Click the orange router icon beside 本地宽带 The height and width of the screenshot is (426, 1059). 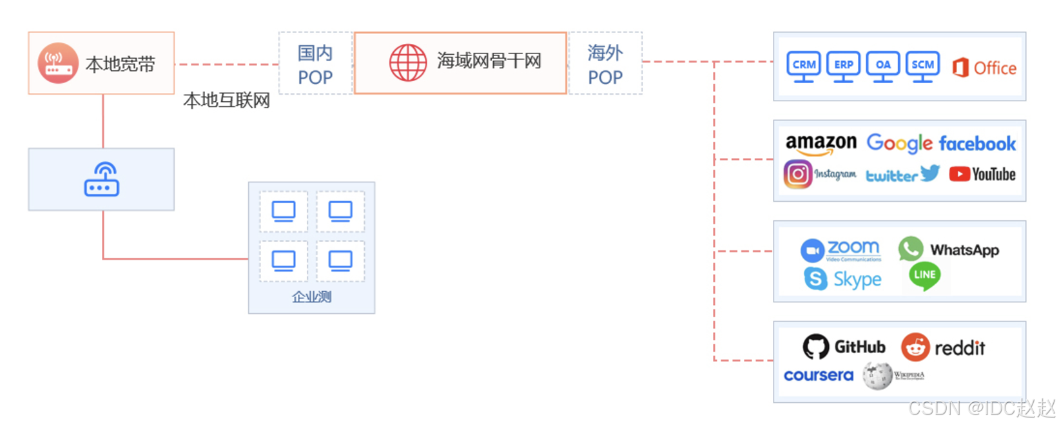(58, 63)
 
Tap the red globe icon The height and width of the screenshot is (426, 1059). (407, 63)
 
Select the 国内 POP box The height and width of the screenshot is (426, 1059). (315, 64)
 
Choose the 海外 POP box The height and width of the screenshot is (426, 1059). (605, 64)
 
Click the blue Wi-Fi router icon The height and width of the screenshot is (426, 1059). (101, 179)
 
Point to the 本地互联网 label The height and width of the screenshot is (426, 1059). (226, 101)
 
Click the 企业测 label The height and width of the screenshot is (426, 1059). (311, 296)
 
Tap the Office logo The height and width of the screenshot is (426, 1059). (984, 68)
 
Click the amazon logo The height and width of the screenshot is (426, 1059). (821, 143)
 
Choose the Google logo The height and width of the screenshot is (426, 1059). (899, 143)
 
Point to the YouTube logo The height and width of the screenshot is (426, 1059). (982, 175)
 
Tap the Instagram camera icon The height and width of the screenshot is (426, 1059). (797, 174)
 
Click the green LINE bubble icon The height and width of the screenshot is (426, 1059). (924, 275)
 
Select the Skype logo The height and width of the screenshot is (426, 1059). (842, 279)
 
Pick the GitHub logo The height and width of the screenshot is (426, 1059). (844, 347)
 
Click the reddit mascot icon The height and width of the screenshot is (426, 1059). (915, 347)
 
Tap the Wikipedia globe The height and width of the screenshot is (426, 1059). (877, 375)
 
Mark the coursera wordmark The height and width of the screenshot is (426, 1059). (818, 375)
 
